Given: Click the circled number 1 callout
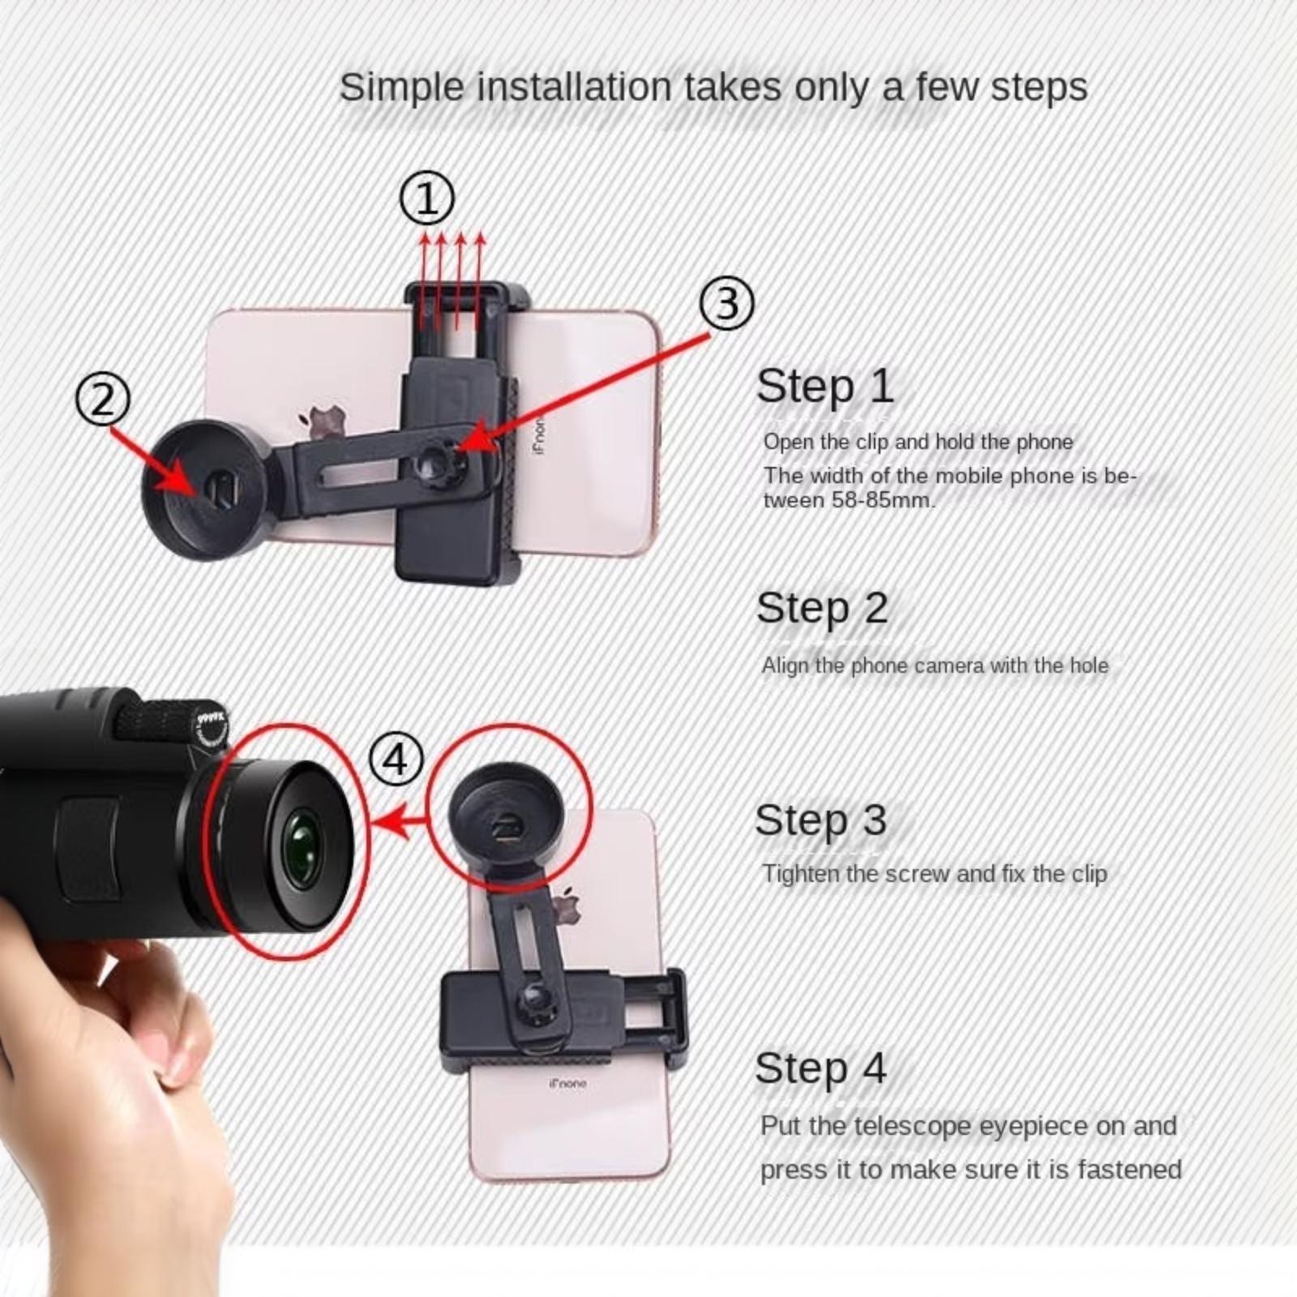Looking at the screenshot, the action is coord(427,199).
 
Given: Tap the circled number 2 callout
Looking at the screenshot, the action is coord(103,400).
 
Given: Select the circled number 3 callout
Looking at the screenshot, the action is coord(727,303).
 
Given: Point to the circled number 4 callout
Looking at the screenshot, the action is coord(396,760).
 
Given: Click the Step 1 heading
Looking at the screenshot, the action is coord(824,386).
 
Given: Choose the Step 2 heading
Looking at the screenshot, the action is coord(822,608).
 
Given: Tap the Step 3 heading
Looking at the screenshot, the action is coord(820,820).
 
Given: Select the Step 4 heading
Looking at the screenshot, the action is coord(820,1068).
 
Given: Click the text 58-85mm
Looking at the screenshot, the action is coord(883,499).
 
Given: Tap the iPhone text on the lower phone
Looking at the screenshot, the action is coord(567,1083).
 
